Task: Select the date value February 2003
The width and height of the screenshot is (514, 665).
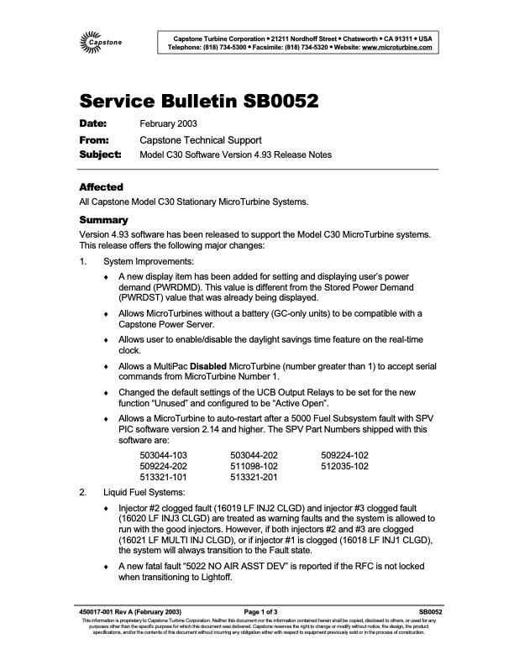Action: click(169, 124)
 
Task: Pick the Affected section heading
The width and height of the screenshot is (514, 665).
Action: click(101, 186)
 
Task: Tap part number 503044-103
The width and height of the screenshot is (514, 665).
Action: click(163, 454)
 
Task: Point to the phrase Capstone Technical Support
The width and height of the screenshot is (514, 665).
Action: click(201, 140)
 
